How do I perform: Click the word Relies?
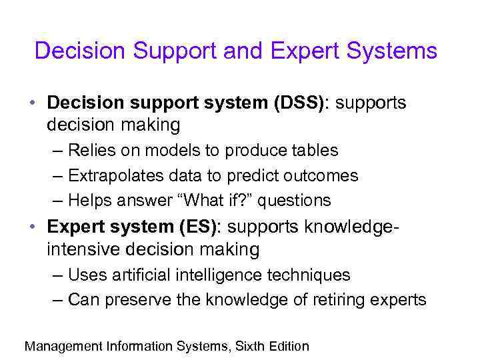90,151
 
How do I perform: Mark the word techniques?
312,275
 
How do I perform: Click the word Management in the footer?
62,346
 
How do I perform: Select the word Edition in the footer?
289,346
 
